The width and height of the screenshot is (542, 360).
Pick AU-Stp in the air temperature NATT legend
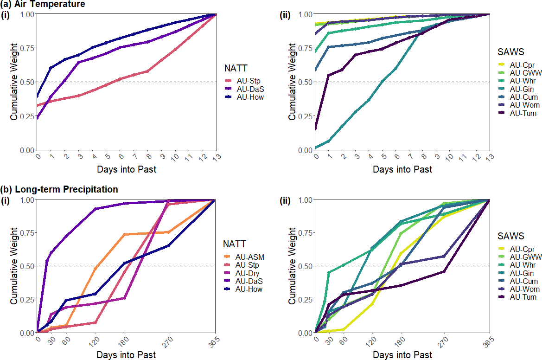point(253,81)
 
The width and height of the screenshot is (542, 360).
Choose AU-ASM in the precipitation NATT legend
point(253,256)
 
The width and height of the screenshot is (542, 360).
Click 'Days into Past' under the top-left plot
point(127,170)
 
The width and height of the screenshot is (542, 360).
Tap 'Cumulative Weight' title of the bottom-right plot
point(292,265)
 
